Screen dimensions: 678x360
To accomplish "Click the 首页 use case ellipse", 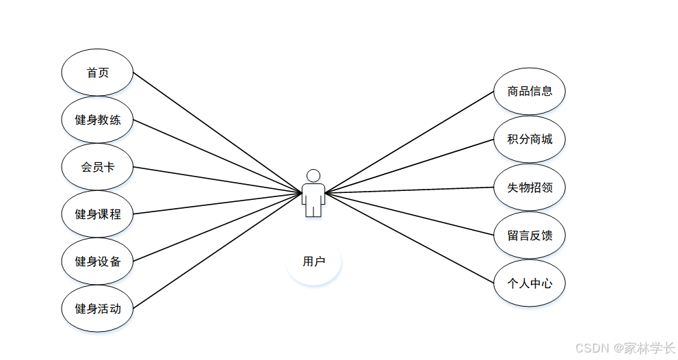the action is point(97,73).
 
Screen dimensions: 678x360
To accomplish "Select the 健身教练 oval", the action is point(97,120).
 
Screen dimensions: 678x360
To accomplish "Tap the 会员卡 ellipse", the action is point(97,167).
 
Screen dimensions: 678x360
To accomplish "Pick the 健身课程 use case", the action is point(97,214).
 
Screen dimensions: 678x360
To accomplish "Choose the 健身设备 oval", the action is point(97,261).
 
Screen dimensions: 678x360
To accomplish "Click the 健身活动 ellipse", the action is point(97,309).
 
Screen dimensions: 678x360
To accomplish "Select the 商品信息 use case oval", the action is point(530,91).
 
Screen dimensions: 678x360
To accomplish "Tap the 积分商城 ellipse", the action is point(530,140).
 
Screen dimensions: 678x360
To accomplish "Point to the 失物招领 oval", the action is point(530,188).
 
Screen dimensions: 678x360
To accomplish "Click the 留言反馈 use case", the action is point(530,235).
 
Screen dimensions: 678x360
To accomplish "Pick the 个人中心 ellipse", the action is point(530,283).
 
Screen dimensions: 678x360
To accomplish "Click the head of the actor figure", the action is point(313,176).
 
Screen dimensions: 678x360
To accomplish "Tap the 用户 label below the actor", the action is point(313,261).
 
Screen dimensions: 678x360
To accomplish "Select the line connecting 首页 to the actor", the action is point(218,133).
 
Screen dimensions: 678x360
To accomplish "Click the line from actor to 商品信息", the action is point(409,142).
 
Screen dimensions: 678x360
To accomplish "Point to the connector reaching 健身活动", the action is point(218,250).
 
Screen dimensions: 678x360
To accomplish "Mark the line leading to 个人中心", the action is point(409,238).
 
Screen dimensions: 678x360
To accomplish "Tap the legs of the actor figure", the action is point(313,209).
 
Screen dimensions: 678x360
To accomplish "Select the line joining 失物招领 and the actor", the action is point(409,190).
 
